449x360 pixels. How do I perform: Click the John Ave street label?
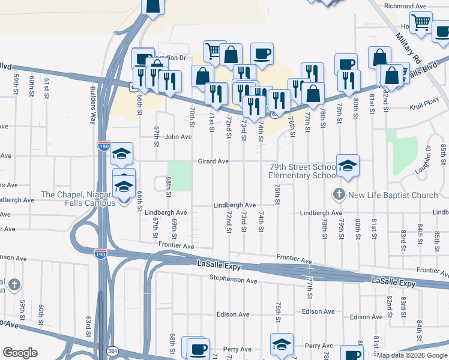tap(178, 137)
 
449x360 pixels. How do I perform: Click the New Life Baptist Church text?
tap(393, 195)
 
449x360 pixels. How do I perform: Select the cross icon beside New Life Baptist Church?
tap(339, 195)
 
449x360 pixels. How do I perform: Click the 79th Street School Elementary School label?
tap(303, 171)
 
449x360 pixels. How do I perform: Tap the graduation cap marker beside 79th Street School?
tap(348, 164)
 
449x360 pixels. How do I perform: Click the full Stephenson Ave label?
tap(233, 280)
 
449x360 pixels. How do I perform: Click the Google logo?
tap(20, 353)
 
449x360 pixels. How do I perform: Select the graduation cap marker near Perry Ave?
tap(282, 344)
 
